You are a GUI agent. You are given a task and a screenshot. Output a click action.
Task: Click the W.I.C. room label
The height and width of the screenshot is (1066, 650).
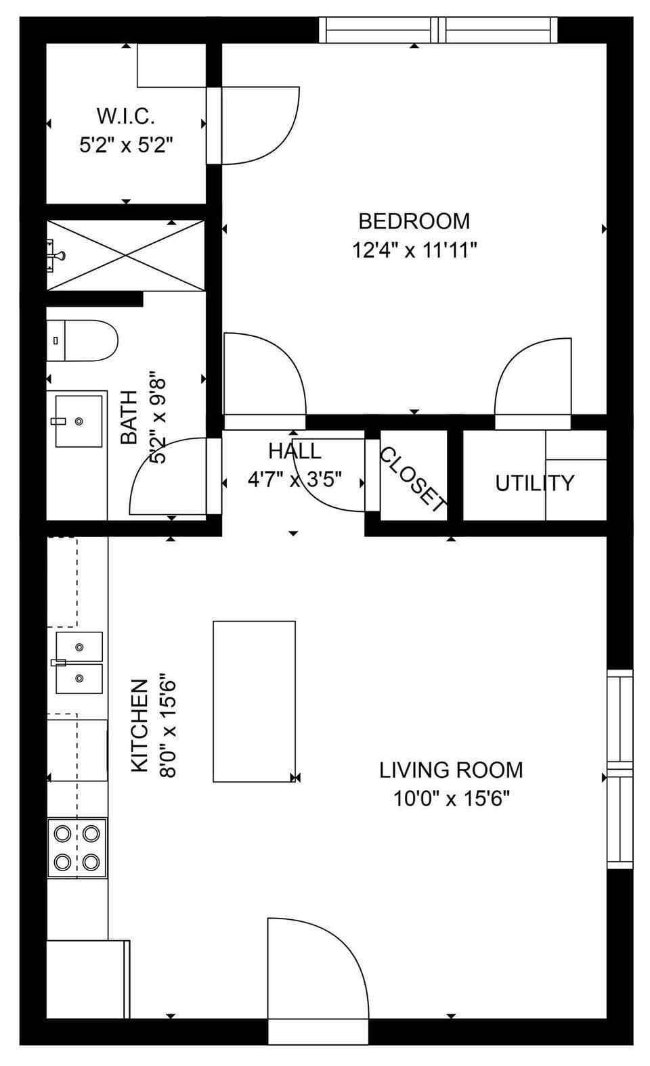coord(126,116)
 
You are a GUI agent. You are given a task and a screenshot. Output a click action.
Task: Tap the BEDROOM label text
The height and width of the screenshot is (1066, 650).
coord(414,221)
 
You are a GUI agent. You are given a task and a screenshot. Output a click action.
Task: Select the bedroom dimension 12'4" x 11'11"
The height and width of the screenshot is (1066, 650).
coord(414,251)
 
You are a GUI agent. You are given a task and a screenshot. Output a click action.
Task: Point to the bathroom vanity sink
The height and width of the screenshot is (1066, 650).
coord(78,421)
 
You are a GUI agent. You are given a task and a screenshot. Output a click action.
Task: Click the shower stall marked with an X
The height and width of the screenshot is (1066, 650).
coord(125,255)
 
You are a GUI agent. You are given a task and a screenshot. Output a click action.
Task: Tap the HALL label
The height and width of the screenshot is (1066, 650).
coord(295,451)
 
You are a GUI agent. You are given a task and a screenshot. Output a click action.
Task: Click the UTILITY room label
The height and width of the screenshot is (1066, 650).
coord(534,483)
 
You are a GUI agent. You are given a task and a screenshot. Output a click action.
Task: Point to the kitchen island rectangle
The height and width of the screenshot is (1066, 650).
coord(254,701)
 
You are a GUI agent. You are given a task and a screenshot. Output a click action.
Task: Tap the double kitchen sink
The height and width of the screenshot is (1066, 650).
coord(79,663)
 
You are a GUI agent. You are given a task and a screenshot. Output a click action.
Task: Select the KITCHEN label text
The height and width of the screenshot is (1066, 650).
coord(139,726)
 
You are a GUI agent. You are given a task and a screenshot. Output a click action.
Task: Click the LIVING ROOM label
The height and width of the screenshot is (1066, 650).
coord(451,770)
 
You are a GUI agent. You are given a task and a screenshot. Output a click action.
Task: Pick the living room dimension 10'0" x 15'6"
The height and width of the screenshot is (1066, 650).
coord(451,799)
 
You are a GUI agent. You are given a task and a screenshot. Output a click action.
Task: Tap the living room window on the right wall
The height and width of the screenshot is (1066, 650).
coord(620,769)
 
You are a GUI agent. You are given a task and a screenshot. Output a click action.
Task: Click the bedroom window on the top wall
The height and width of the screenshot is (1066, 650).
coord(439,30)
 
